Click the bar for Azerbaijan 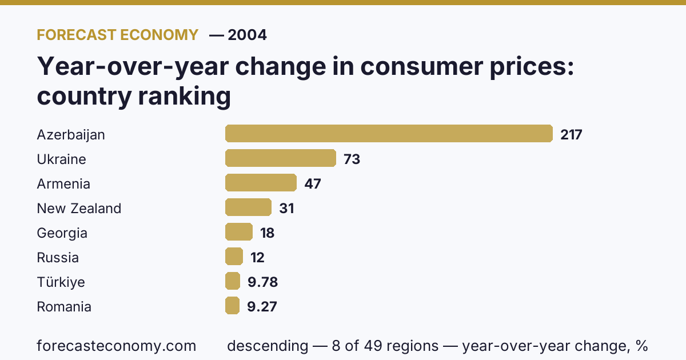[x=389, y=134]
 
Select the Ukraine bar [x=281, y=158]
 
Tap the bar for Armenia [x=261, y=182]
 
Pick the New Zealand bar [x=248, y=207]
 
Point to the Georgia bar [x=239, y=232]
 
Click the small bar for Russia [x=234, y=256]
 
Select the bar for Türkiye [x=233, y=281]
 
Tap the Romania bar [x=233, y=305]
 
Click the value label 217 [x=571, y=135]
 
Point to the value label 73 [x=352, y=159]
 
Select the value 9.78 [x=263, y=282]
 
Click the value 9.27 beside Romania [x=262, y=306]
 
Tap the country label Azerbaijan [x=71, y=135]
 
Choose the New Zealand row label [x=79, y=209]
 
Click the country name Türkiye [x=61, y=282]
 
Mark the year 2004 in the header [x=247, y=35]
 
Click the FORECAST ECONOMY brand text [x=118, y=35]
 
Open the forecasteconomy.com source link [x=117, y=346]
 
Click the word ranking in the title [x=184, y=97]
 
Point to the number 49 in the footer [x=372, y=346]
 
